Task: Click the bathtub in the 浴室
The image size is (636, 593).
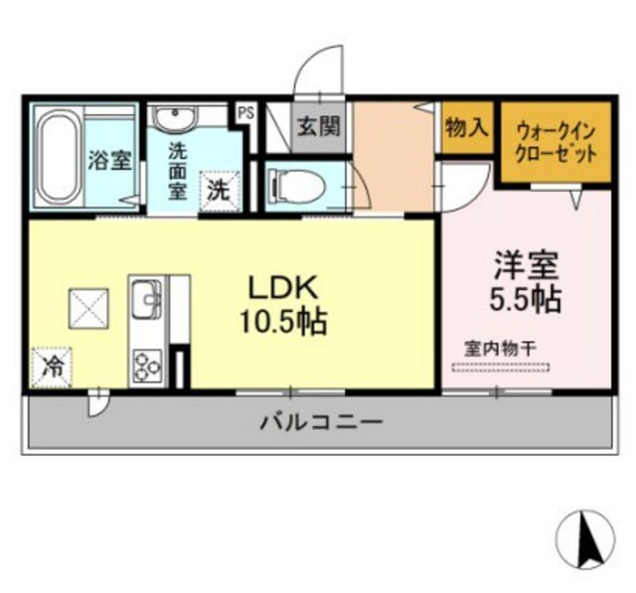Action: (58, 157)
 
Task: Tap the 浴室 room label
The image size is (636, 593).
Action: (110, 161)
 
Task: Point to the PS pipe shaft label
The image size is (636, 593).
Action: (245, 112)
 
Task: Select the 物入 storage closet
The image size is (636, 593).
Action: (467, 127)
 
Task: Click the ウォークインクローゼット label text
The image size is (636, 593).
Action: (556, 143)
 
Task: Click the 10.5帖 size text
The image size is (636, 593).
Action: (283, 322)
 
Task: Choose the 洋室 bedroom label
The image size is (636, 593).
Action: (526, 265)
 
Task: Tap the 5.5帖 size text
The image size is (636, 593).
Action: (526, 300)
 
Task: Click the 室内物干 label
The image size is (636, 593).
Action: (501, 349)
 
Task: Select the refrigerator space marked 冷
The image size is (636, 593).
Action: (51, 368)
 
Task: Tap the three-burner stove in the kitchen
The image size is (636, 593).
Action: (147, 367)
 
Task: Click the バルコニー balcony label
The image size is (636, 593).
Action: (321, 423)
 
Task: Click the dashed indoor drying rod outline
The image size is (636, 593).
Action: (501, 368)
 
